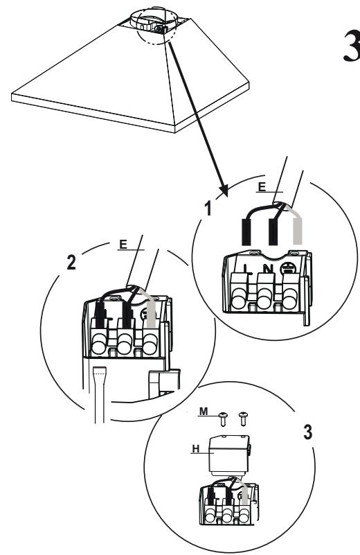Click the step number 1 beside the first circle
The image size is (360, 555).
point(208,208)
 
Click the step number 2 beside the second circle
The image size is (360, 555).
point(71,263)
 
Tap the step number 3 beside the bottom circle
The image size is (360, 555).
point(308,432)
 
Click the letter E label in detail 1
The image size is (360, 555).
point(262,187)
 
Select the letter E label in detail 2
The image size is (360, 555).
point(123,245)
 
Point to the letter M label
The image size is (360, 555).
point(204,412)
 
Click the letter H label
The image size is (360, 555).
point(195,449)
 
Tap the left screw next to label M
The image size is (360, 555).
point(223,419)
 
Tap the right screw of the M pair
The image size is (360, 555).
point(243,419)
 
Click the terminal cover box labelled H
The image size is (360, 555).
point(229,455)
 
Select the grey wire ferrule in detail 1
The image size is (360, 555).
point(298,231)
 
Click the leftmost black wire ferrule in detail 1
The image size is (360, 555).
point(246,232)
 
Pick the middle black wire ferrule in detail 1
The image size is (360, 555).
point(273,232)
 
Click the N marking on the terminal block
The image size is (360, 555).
point(269,269)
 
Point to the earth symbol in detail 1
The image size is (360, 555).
point(287,268)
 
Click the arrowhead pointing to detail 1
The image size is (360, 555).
point(224,190)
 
